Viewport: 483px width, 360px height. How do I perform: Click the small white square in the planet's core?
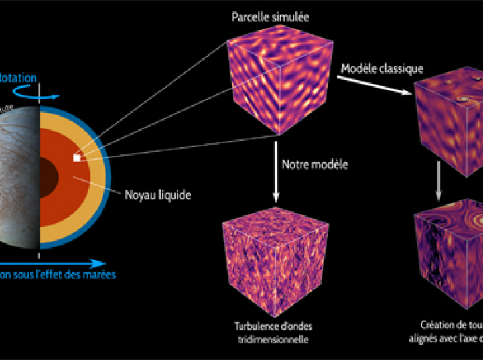pyautogui.click(x=77, y=158)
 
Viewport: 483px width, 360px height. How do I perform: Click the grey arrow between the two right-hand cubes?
pyautogui.click(x=439, y=179)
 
